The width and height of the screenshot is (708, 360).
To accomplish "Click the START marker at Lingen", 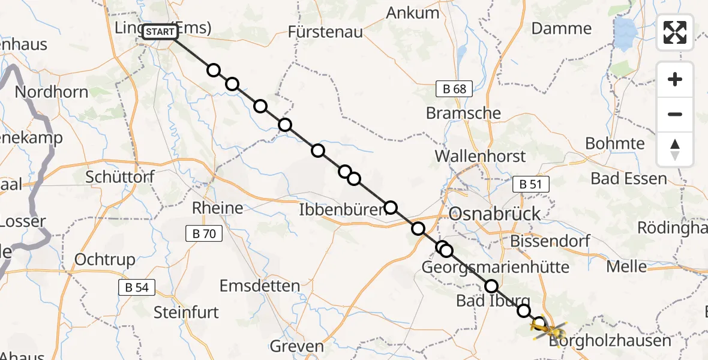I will pyautogui.click(x=160, y=32).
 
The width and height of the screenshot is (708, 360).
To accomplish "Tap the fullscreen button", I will pyautogui.click(x=675, y=32).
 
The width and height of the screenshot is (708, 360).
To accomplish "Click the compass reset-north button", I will pyautogui.click(x=675, y=149).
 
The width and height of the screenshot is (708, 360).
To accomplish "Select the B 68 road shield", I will pyautogui.click(x=455, y=89).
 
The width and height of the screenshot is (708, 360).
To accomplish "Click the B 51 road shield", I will pyautogui.click(x=531, y=185).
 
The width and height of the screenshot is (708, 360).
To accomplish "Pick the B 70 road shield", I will pyautogui.click(x=205, y=233).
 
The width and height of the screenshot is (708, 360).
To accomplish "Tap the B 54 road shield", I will pyautogui.click(x=137, y=287).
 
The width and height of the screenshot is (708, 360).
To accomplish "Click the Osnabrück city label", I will pyautogui.click(x=494, y=214).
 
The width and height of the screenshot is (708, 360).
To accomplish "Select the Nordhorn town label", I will pyautogui.click(x=51, y=92).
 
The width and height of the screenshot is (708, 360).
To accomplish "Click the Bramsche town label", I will pyautogui.click(x=463, y=113).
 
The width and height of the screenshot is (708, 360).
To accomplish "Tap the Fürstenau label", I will pyautogui.click(x=325, y=32).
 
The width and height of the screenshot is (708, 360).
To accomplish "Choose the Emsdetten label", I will pyautogui.click(x=260, y=286).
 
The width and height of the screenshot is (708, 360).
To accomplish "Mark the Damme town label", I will pyautogui.click(x=561, y=28).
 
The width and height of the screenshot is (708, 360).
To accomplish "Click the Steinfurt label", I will pyautogui.click(x=186, y=312).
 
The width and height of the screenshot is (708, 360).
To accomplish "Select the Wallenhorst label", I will pyautogui.click(x=480, y=156).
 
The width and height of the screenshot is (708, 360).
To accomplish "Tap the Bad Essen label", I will pyautogui.click(x=628, y=178).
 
